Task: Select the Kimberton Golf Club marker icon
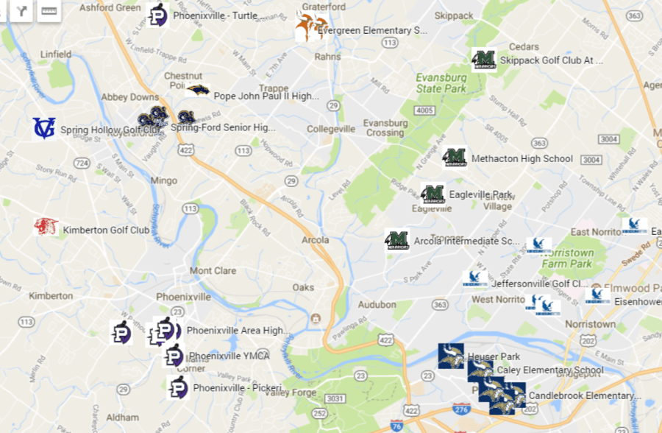(46, 226)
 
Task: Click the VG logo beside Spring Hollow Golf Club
(43, 128)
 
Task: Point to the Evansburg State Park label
(441, 82)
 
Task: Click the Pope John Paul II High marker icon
(197, 91)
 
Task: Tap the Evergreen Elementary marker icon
(310, 28)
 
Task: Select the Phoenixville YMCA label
(229, 356)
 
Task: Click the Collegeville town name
(330, 129)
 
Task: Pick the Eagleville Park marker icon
(433, 194)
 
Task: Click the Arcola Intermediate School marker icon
(397, 239)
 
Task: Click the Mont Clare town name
(213, 271)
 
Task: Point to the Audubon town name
(377, 304)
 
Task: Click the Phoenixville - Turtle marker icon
(157, 15)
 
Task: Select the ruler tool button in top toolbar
(49, 11)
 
